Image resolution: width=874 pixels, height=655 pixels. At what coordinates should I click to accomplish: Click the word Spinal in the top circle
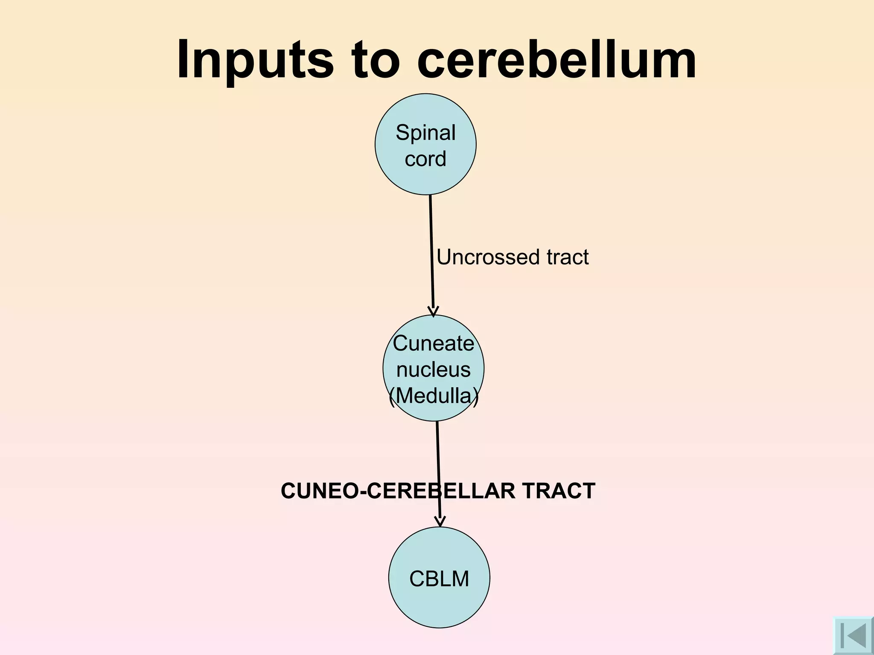tap(425, 133)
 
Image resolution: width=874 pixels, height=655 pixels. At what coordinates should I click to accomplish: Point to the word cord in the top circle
tap(425, 159)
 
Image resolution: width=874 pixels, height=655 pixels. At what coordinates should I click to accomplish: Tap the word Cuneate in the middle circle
tap(433, 344)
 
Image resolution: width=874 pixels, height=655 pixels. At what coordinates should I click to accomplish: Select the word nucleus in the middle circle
tap(433, 370)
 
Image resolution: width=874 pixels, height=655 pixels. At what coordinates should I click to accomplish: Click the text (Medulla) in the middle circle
tap(434, 396)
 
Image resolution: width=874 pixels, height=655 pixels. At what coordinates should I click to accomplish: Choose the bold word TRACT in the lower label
tap(559, 491)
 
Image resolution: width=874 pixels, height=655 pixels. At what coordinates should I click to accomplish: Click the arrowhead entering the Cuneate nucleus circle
tap(433, 312)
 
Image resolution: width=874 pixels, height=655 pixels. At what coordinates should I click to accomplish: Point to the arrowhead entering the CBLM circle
tap(440, 522)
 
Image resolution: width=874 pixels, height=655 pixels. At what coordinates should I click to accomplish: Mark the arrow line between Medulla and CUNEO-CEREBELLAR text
tap(438, 452)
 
